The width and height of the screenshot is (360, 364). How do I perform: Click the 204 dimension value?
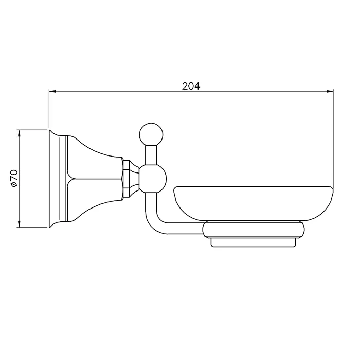click(x=191, y=86)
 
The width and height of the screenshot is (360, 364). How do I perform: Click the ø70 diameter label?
click(x=14, y=179)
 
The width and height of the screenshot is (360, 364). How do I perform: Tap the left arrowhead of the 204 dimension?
click(x=52, y=91)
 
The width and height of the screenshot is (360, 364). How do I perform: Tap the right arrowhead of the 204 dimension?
click(x=330, y=91)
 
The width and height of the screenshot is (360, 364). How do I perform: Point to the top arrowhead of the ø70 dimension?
click(x=19, y=133)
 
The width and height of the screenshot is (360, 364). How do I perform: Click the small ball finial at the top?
click(x=151, y=135)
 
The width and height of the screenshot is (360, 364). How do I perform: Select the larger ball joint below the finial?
click(x=153, y=179)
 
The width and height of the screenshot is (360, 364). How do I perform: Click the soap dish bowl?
click(x=254, y=203)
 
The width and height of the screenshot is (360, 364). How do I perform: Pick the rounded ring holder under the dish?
click(x=254, y=230)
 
